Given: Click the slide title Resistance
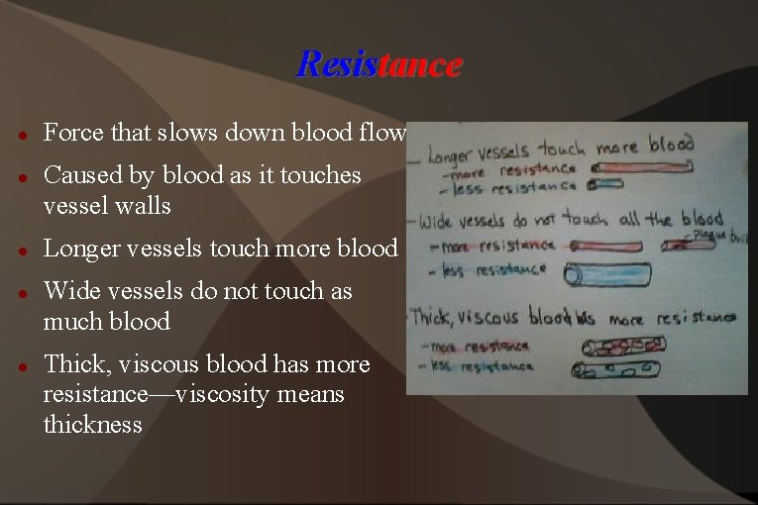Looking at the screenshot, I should (x=379, y=64).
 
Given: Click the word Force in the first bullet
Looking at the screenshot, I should (x=67, y=133).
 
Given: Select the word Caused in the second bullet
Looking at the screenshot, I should (x=75, y=175).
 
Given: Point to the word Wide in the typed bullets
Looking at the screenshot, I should (x=66, y=291).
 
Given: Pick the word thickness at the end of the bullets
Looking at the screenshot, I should (x=92, y=425).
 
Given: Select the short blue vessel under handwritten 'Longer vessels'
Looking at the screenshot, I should (x=605, y=184).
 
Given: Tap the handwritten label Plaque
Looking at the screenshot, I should (x=707, y=235).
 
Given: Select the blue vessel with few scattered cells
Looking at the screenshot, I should (x=619, y=370).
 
